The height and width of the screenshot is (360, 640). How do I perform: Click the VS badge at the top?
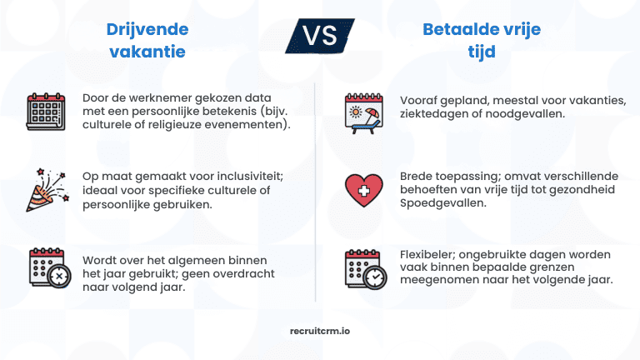(x=320, y=37)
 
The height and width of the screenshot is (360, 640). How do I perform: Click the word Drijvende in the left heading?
(x=147, y=30)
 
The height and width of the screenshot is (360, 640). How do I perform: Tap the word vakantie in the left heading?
(x=146, y=52)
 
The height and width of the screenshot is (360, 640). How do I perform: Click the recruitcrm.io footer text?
(x=319, y=330)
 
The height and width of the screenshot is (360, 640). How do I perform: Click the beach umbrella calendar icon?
(x=363, y=110)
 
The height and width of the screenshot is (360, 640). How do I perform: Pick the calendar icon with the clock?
(x=363, y=268)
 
